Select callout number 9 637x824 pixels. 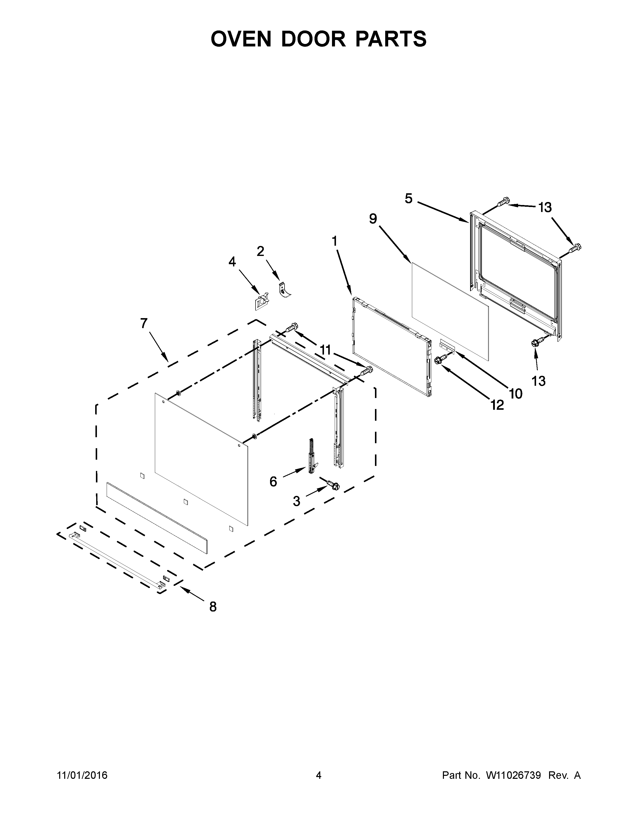tap(373, 218)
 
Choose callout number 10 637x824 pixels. tap(516, 394)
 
